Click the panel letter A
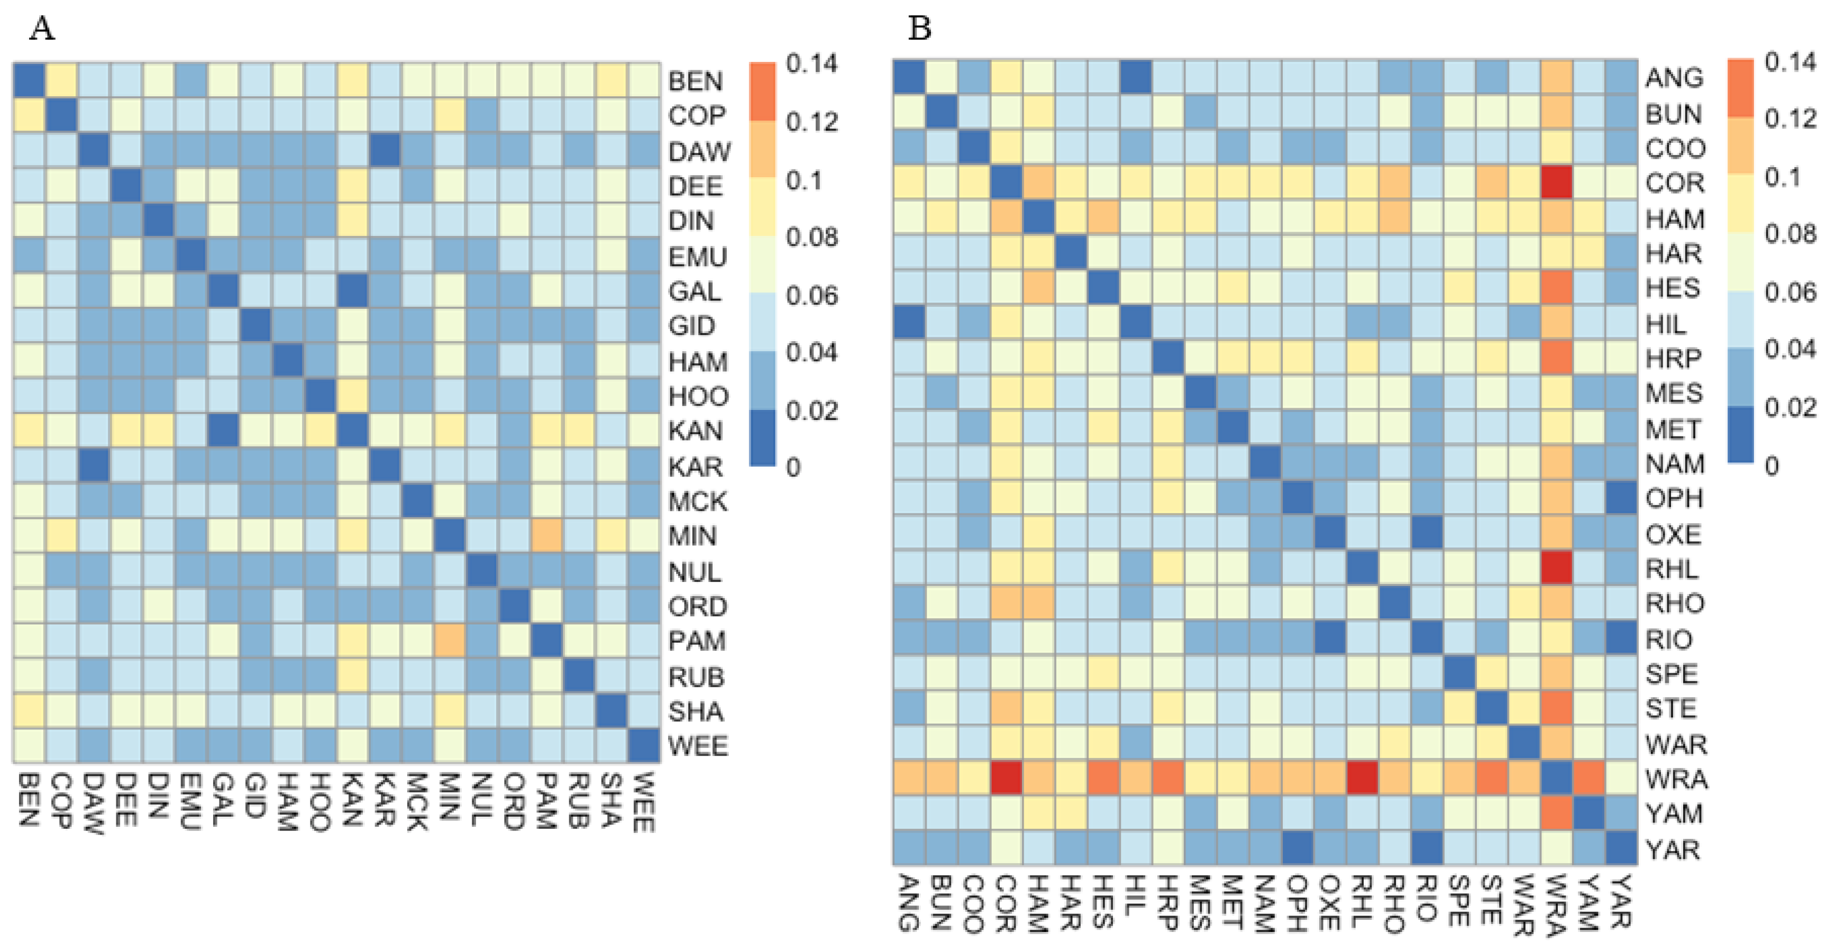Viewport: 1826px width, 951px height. (42, 29)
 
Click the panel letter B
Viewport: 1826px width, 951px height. (919, 29)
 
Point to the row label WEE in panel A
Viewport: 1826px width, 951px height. (698, 745)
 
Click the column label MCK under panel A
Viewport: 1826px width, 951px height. (417, 801)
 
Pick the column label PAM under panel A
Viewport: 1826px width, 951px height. (546, 801)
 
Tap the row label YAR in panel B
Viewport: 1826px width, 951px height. (1673, 849)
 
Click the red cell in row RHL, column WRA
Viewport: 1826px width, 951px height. (1557, 569)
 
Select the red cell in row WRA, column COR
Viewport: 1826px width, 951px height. (1006, 779)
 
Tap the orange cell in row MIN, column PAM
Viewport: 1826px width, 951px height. (546, 536)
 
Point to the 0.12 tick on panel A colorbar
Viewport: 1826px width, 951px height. (811, 122)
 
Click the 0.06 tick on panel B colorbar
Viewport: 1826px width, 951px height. (1790, 291)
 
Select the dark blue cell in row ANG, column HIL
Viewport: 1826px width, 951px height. (1136, 77)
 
